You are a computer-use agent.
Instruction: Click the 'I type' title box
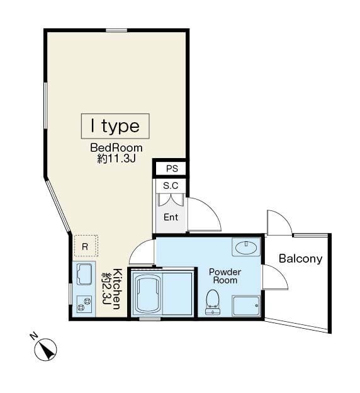(x=115, y=126)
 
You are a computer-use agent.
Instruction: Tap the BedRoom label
(x=116, y=147)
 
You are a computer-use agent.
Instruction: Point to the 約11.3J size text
(x=116, y=159)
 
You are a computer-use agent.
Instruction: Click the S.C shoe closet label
(x=171, y=186)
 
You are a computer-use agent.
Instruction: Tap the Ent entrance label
(x=171, y=217)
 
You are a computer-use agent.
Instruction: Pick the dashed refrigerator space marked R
(x=86, y=246)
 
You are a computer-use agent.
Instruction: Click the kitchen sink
(x=84, y=274)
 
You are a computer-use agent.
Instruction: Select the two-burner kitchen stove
(x=84, y=304)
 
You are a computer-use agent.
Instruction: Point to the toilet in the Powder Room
(x=213, y=302)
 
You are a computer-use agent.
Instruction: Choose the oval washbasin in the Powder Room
(x=247, y=248)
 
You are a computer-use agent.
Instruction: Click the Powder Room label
(x=225, y=276)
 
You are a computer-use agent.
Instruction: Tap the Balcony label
(x=300, y=258)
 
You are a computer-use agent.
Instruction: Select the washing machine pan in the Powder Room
(x=246, y=306)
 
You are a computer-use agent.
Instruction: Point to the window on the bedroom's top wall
(x=116, y=30)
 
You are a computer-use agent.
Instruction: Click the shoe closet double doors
(x=170, y=199)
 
